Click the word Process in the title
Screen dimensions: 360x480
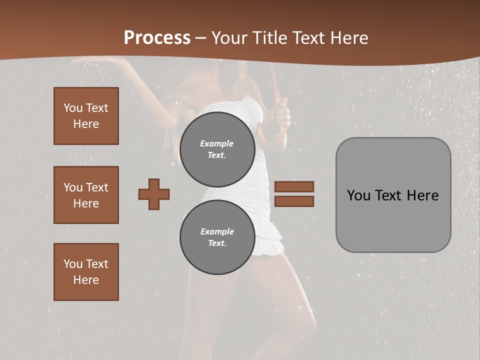[157, 37]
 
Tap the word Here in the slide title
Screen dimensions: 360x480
[348, 37]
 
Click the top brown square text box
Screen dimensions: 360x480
[86, 116]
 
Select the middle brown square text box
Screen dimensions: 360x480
[86, 195]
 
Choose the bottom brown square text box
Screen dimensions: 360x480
[86, 272]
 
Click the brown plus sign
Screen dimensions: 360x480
[154, 194]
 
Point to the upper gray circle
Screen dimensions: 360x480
[217, 149]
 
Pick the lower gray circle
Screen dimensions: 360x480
[217, 237]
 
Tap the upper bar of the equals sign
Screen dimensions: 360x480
[294, 187]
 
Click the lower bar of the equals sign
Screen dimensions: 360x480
[294, 201]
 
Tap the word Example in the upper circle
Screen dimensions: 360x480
[217, 143]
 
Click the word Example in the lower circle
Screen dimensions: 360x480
[217, 231]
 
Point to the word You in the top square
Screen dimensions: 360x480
[73, 108]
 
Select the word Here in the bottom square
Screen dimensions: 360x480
[86, 280]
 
